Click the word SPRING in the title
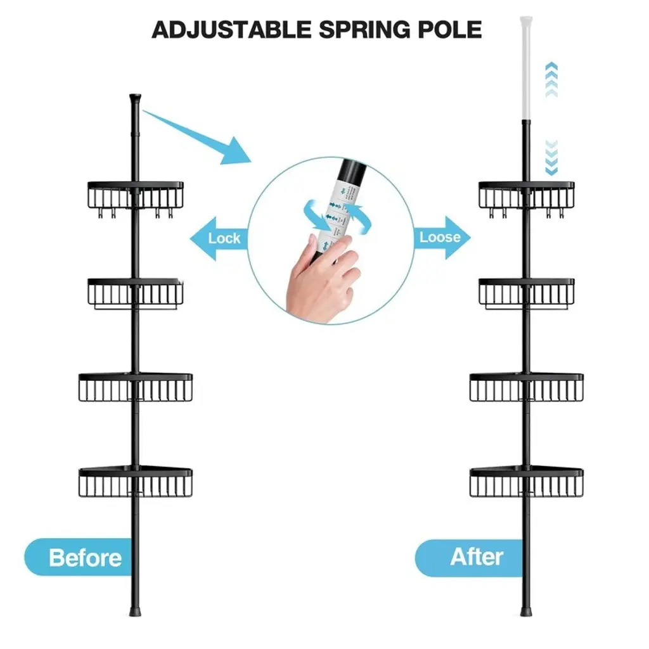[x=364, y=29]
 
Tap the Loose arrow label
[x=440, y=237]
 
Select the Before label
[x=84, y=558]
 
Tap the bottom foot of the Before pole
[x=134, y=612]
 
